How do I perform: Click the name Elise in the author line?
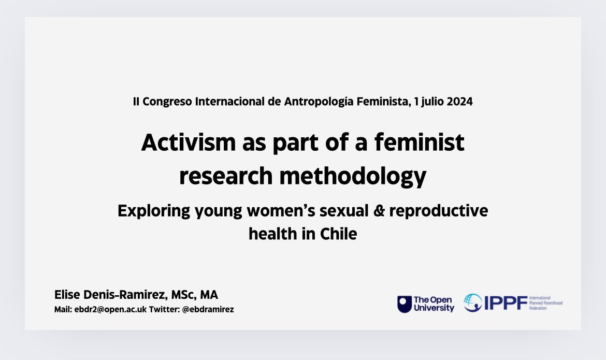[x=68, y=295]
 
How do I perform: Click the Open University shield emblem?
[x=404, y=304]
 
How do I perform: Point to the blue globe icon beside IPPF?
[x=472, y=303]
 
